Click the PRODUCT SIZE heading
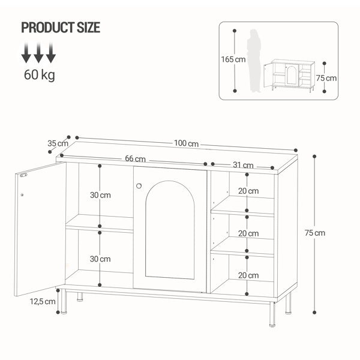click(x=61, y=28)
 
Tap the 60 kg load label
click(x=40, y=75)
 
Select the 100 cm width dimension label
click(x=186, y=143)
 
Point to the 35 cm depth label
click(x=58, y=143)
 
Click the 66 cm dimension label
click(x=135, y=158)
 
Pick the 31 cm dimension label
click(x=243, y=165)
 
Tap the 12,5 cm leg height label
click(x=43, y=301)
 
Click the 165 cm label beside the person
click(x=233, y=59)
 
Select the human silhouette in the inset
click(x=254, y=61)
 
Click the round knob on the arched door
click(x=139, y=186)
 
